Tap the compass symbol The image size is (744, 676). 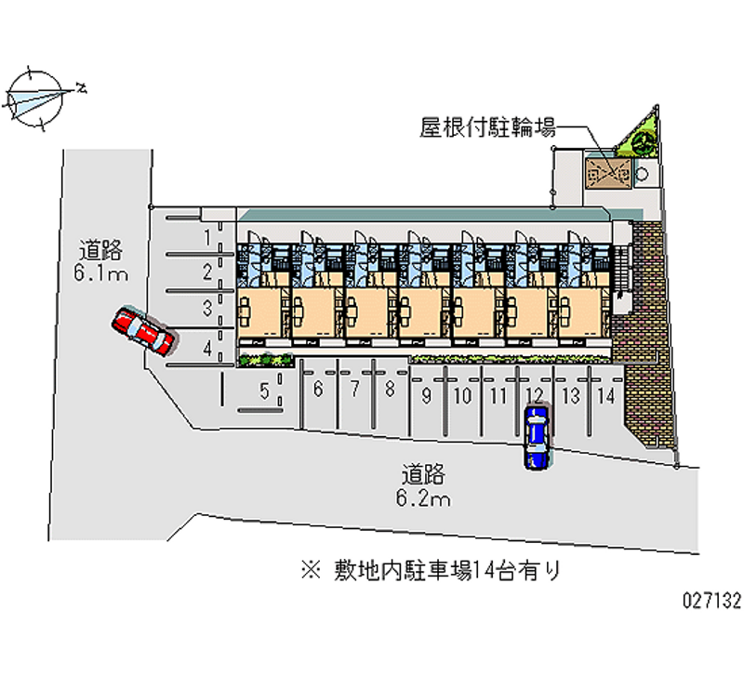click(x=38, y=97)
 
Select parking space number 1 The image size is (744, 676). click(x=206, y=238)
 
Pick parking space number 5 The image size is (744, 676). click(x=264, y=391)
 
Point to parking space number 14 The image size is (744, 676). click(x=605, y=395)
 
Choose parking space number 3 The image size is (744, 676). click(x=207, y=306)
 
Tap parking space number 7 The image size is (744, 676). click(x=354, y=390)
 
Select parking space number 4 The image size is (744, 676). click(x=207, y=350)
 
